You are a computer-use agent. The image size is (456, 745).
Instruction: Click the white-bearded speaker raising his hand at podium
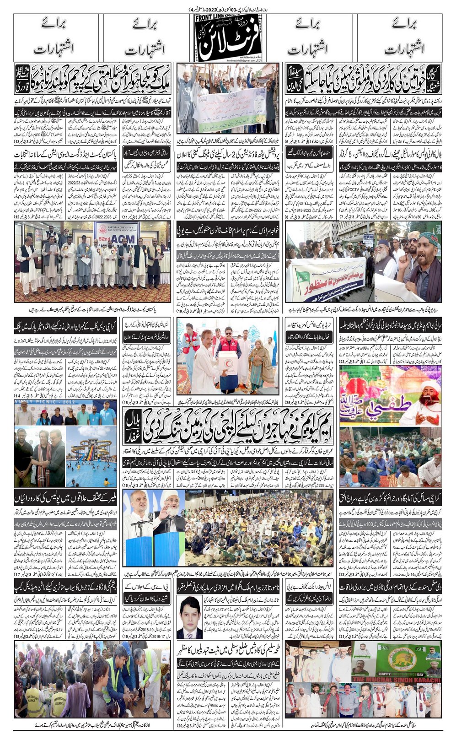click(x=169, y=517)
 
